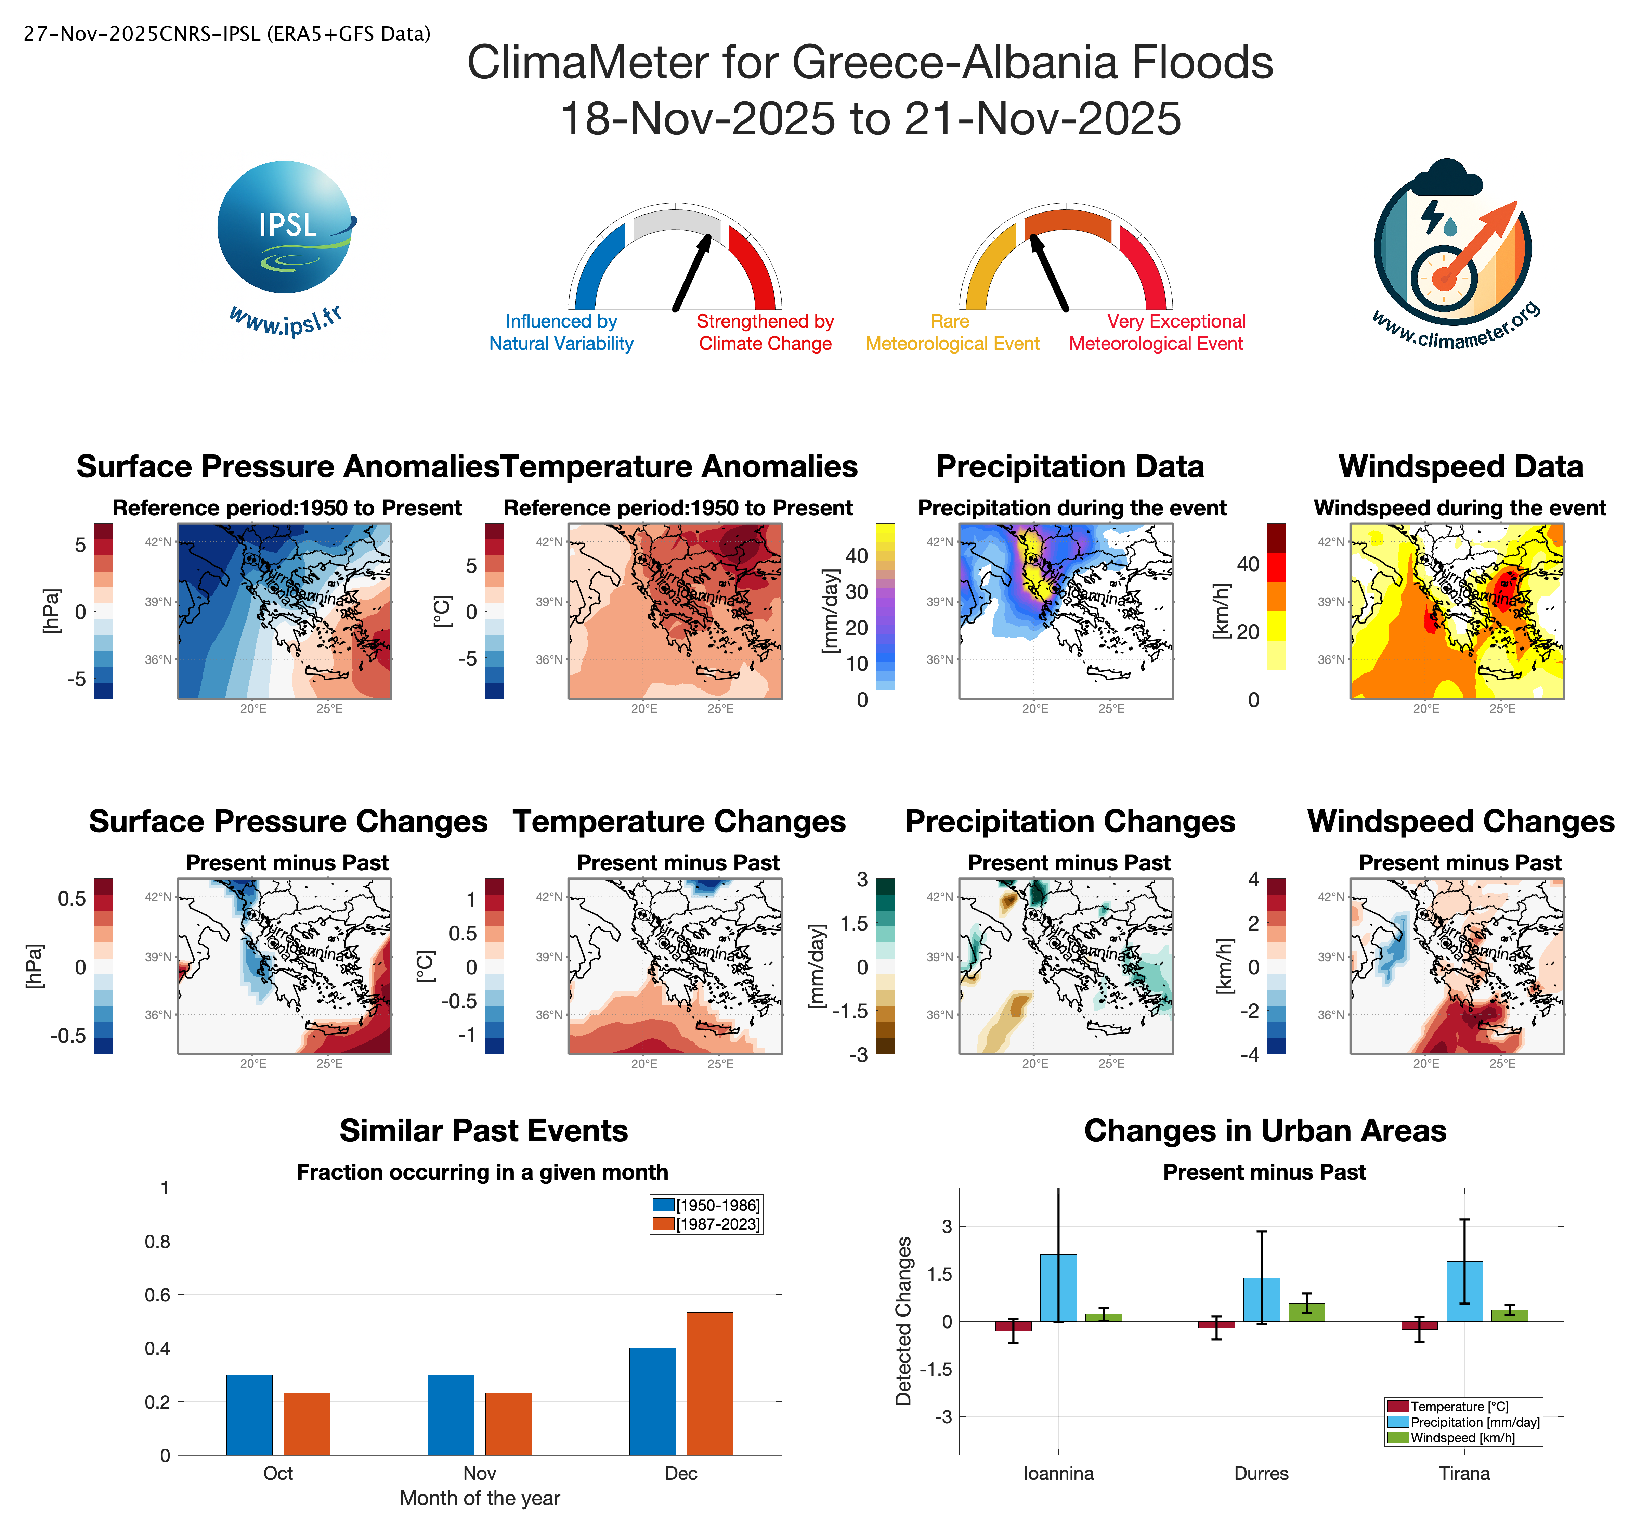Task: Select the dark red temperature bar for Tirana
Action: point(1419,1325)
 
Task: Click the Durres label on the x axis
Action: point(1261,1473)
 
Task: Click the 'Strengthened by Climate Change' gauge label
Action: point(765,332)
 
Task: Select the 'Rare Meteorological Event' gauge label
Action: point(951,332)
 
